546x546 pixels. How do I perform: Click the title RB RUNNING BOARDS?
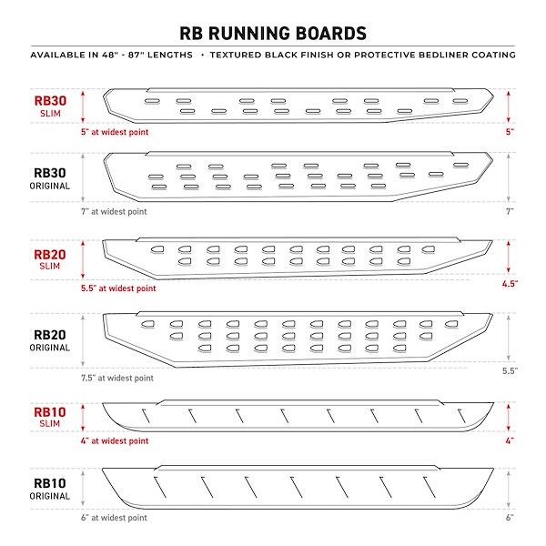[x=273, y=34]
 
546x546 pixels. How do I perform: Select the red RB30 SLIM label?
[x=50, y=106]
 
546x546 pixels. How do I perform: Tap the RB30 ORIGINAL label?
[x=50, y=178]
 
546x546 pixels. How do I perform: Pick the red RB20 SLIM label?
[x=50, y=259]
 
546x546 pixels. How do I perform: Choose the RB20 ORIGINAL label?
[x=50, y=340]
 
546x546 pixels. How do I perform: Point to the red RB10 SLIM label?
[x=50, y=417]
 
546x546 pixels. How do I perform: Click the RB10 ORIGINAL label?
[x=50, y=489]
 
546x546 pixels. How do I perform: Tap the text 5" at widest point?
[x=115, y=132]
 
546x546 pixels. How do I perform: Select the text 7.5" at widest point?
[x=117, y=378]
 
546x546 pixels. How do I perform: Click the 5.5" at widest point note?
[x=118, y=288]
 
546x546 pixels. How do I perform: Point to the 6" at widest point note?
[x=115, y=518]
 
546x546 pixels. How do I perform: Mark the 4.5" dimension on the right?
[x=510, y=284]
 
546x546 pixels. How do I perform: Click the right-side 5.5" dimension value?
[x=510, y=371]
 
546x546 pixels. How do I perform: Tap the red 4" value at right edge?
[x=510, y=440]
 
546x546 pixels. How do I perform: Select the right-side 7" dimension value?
[x=510, y=211]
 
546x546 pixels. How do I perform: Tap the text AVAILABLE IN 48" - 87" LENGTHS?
[x=111, y=55]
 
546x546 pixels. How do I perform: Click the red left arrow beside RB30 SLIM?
[x=83, y=106]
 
